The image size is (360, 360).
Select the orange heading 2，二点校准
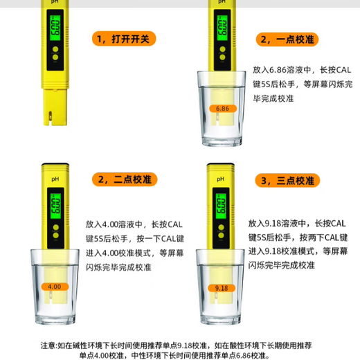coord(126,180)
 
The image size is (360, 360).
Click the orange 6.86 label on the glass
coord(222,109)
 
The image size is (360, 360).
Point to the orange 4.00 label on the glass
coord(55,286)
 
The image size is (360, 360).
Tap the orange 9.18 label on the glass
coord(222,288)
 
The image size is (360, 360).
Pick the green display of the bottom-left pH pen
coord(55,203)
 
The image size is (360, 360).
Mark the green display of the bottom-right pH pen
coord(222,203)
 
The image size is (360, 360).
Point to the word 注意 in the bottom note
coord(48,344)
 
